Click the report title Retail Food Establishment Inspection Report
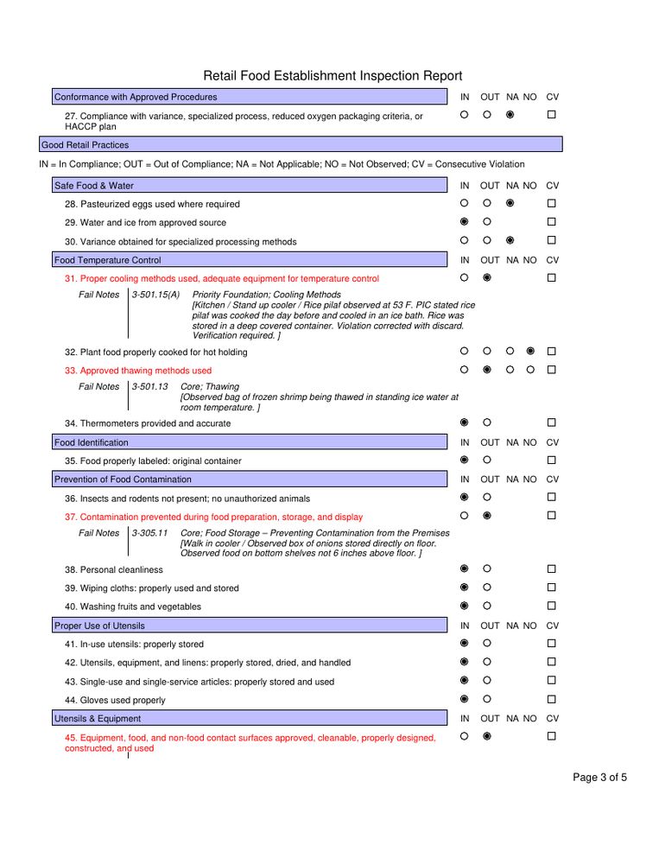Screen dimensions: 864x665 coord(332,76)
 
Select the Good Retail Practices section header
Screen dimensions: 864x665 coord(85,145)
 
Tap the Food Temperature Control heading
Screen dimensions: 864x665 coord(107,260)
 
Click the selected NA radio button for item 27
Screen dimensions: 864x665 coord(510,115)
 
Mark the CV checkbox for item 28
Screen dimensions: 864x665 coord(551,204)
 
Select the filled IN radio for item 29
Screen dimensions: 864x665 coord(464,222)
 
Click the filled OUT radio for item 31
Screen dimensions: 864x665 coord(487,278)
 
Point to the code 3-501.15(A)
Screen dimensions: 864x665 coord(156,295)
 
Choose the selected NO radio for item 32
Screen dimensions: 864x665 coord(530,352)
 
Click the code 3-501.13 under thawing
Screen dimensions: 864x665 coord(150,386)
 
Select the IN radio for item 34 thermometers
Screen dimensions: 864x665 coord(464,422)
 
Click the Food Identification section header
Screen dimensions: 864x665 coord(91,442)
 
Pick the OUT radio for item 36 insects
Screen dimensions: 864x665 coord(487,498)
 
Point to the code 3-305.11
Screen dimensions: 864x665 coord(150,533)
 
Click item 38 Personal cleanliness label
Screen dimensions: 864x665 coord(113,570)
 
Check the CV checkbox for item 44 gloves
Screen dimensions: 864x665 coord(551,699)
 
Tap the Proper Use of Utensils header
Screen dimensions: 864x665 coord(99,626)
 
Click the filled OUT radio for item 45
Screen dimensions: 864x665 coord(487,737)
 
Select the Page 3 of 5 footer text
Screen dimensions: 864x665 coord(599,778)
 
